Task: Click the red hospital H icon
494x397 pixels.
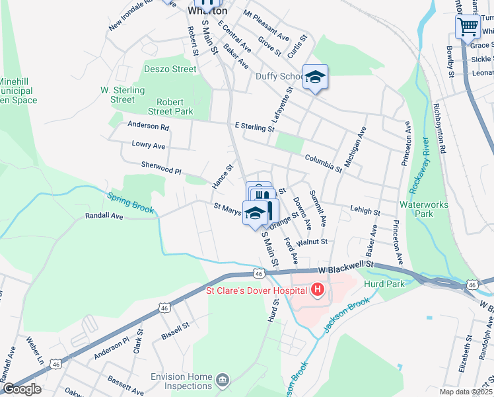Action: click(318, 290)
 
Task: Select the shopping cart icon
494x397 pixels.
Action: click(468, 27)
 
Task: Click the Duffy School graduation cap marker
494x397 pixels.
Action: click(315, 77)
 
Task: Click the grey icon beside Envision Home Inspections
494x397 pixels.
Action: click(223, 380)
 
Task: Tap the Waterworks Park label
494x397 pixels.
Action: click(423, 209)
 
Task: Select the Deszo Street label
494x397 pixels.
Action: click(170, 69)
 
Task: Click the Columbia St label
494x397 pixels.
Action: click(323, 163)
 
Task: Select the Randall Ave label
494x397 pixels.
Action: click(104, 216)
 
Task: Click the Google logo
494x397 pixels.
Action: click(22, 389)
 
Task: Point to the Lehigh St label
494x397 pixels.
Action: click(365, 212)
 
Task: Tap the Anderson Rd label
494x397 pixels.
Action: click(149, 126)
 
